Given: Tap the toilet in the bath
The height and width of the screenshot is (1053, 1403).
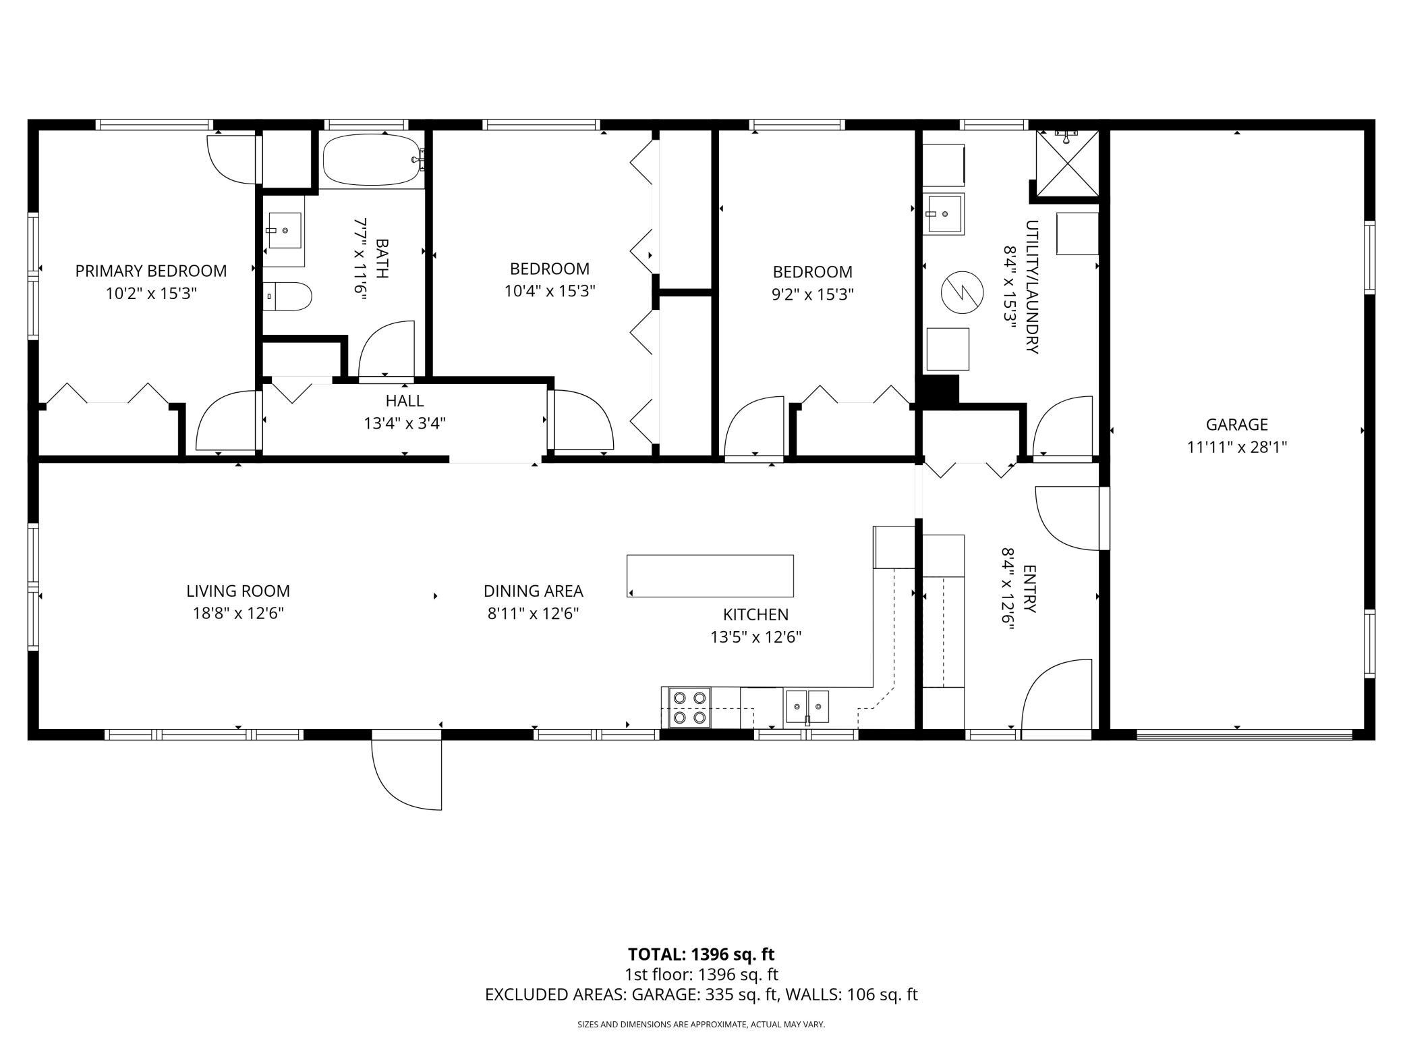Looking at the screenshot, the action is [287, 296].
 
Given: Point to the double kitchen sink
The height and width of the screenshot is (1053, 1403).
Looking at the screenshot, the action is [807, 707].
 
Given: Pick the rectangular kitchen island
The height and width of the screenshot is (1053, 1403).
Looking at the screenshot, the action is [710, 576].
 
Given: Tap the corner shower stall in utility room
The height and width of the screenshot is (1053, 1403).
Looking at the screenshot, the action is [1067, 165].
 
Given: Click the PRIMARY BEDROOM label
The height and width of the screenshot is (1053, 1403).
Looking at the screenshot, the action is [151, 271].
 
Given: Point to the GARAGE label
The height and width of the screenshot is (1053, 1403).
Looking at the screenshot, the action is [1237, 425].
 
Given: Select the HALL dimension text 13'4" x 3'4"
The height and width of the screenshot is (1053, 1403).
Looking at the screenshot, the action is [405, 423].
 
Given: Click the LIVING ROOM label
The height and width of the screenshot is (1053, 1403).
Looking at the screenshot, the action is [238, 591].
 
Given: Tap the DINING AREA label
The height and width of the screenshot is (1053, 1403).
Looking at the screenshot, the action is [534, 591].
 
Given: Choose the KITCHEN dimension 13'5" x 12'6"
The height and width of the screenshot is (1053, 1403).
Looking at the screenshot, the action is [755, 637].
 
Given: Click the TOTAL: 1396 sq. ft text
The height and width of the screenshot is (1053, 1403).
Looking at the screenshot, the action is [701, 954].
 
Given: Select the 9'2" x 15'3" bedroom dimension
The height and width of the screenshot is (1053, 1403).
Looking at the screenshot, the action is [813, 294].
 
